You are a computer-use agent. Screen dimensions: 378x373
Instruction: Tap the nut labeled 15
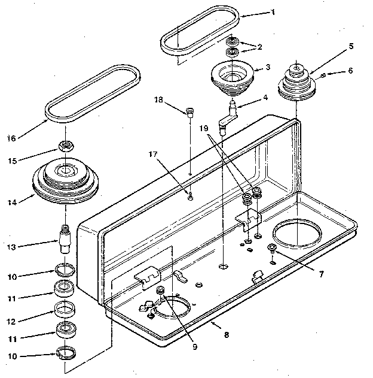[x=65, y=146]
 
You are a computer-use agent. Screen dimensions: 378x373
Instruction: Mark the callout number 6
[x=350, y=71]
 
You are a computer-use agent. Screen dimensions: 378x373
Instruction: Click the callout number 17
[x=154, y=155]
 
